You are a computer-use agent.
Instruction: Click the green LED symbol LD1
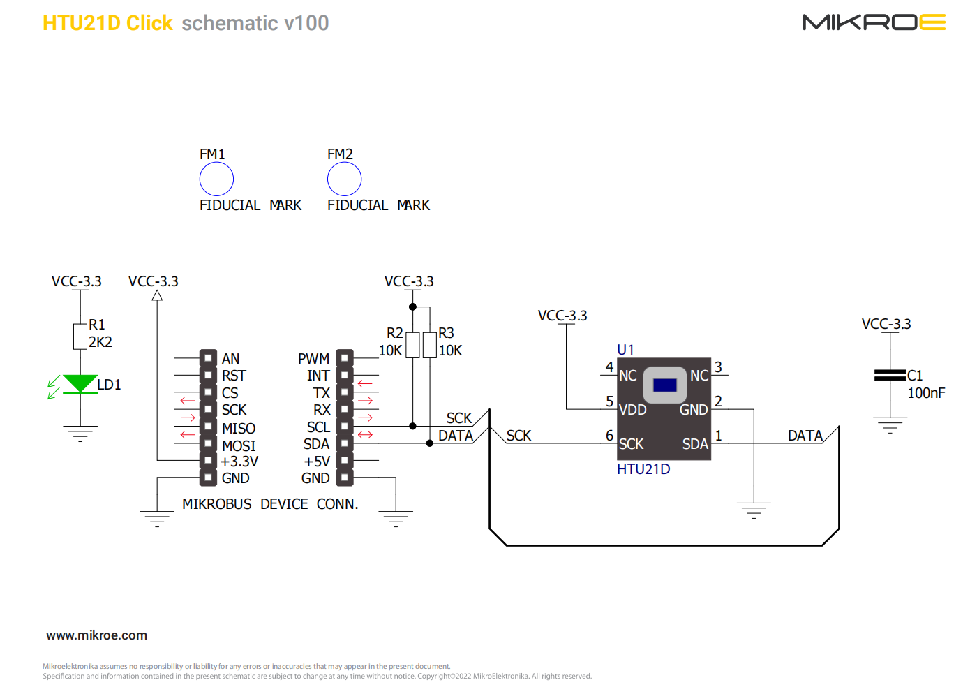click(x=80, y=384)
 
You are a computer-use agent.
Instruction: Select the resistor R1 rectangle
click(x=80, y=336)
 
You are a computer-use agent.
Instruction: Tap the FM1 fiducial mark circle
click(x=216, y=179)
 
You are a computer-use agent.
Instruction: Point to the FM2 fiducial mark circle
click(x=344, y=179)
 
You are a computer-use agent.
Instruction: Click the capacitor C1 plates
click(x=890, y=375)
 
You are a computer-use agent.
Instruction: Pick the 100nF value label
click(x=926, y=393)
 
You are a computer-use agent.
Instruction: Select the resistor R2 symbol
click(x=412, y=345)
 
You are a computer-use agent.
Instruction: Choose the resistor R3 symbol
click(x=430, y=345)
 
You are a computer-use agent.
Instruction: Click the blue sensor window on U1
click(x=664, y=385)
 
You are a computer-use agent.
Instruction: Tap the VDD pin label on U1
click(x=632, y=410)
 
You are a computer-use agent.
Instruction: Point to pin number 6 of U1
click(x=609, y=436)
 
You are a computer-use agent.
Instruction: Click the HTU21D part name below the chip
click(x=643, y=469)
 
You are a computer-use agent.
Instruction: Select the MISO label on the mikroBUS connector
click(x=239, y=428)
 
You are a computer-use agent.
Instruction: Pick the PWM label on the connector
click(x=313, y=359)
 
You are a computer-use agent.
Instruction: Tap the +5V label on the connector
click(x=317, y=462)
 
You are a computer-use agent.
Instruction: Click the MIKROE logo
click(x=874, y=22)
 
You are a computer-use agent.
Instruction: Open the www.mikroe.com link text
click(x=96, y=635)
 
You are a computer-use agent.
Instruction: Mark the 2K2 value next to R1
click(x=100, y=342)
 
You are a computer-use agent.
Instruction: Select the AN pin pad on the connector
click(x=208, y=358)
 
